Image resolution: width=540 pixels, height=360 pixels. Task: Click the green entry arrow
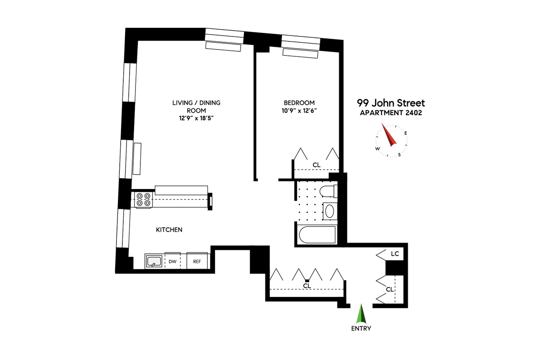point(361,314)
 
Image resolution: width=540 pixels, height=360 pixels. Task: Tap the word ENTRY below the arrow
point(361,328)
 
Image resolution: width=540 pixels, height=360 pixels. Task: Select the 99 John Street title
point(391,103)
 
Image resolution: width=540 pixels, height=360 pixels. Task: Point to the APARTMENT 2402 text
point(391,113)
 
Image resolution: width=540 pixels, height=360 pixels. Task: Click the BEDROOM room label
point(299,103)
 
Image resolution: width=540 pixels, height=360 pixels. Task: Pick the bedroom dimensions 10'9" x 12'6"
point(299,111)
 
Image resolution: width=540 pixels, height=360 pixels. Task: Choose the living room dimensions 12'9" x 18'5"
point(196,118)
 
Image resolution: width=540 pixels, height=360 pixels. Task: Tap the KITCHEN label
point(169,230)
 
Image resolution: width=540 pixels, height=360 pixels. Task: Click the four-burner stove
point(144,200)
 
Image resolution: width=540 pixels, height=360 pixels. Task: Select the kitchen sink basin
point(154,261)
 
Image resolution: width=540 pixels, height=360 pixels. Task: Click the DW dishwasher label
point(173,261)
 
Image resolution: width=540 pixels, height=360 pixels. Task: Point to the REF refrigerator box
point(197,261)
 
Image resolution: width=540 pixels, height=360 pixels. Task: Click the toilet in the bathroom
point(328,191)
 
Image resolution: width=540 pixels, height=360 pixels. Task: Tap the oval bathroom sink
point(329,211)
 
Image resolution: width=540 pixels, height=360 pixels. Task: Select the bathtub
point(317,235)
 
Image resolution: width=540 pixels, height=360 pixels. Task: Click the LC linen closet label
point(395,254)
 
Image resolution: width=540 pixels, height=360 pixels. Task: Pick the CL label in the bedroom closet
point(316,165)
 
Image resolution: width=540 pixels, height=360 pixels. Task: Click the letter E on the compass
point(406,133)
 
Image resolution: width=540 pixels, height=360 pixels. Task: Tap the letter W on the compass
point(378,148)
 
